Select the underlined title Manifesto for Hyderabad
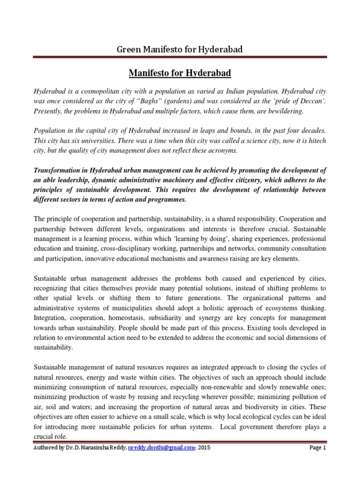pyautogui.click(x=180, y=74)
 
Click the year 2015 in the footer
pyautogui.click(x=203, y=448)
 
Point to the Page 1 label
pyautogui.click(x=317, y=448)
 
